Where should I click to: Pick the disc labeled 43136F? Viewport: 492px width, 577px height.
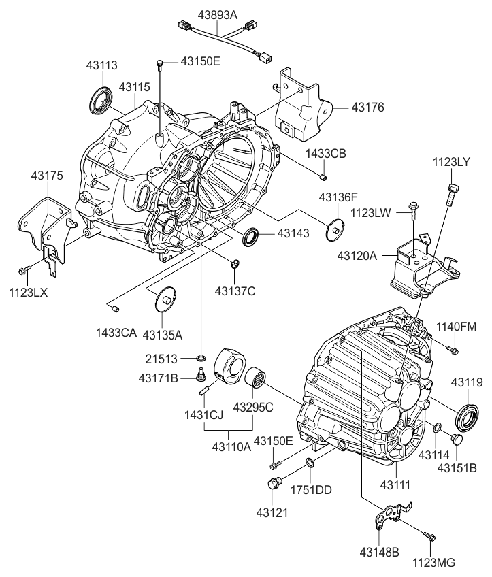(x=334, y=227)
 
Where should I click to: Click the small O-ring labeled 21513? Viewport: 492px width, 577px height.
(x=201, y=358)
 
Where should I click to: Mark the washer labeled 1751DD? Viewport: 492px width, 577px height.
(x=309, y=463)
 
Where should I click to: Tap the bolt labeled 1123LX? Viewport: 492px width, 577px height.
(x=23, y=270)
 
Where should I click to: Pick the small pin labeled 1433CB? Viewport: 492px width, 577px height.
(x=324, y=178)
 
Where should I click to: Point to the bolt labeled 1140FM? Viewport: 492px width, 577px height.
(x=453, y=350)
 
